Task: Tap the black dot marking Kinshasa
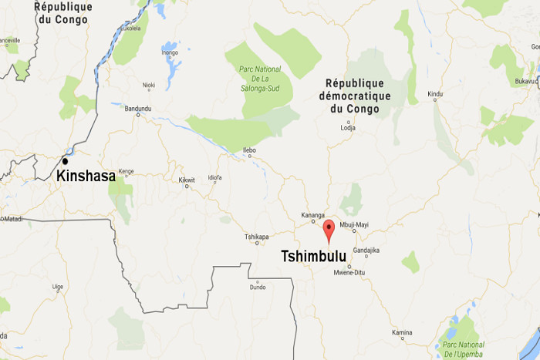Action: (66, 161)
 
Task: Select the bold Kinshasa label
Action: (86, 177)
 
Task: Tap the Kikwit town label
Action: (187, 180)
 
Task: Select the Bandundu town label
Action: (138, 108)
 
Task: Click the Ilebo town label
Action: (248, 150)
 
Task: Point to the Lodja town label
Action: (348, 128)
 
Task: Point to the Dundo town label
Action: (257, 287)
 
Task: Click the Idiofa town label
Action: (214, 179)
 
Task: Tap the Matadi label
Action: (12, 220)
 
